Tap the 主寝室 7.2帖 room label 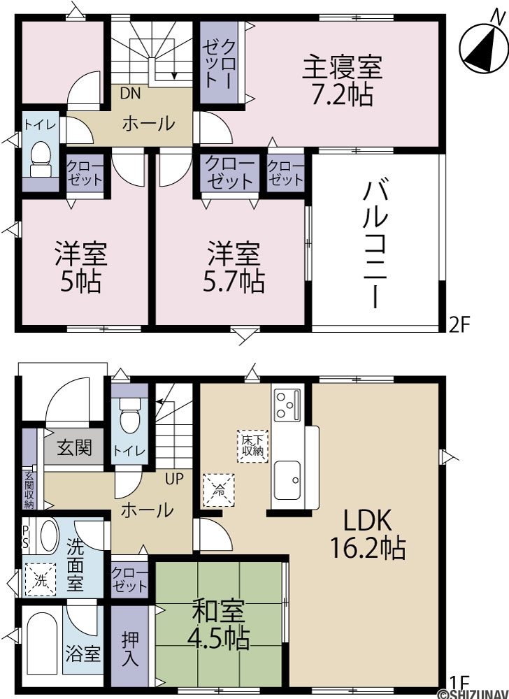pos(343,80)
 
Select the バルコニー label pos(375,243)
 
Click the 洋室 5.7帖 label pos(234,268)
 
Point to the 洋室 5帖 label pos(80,268)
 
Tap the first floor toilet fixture pos(129,415)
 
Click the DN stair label pos(130,94)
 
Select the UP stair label pos(174,480)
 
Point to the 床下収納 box pos(252,446)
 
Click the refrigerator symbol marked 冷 pos(219,490)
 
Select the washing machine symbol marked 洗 pos(40,579)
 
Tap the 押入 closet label pos(130,649)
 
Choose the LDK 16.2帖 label pos(367,534)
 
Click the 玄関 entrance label pos(74,447)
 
